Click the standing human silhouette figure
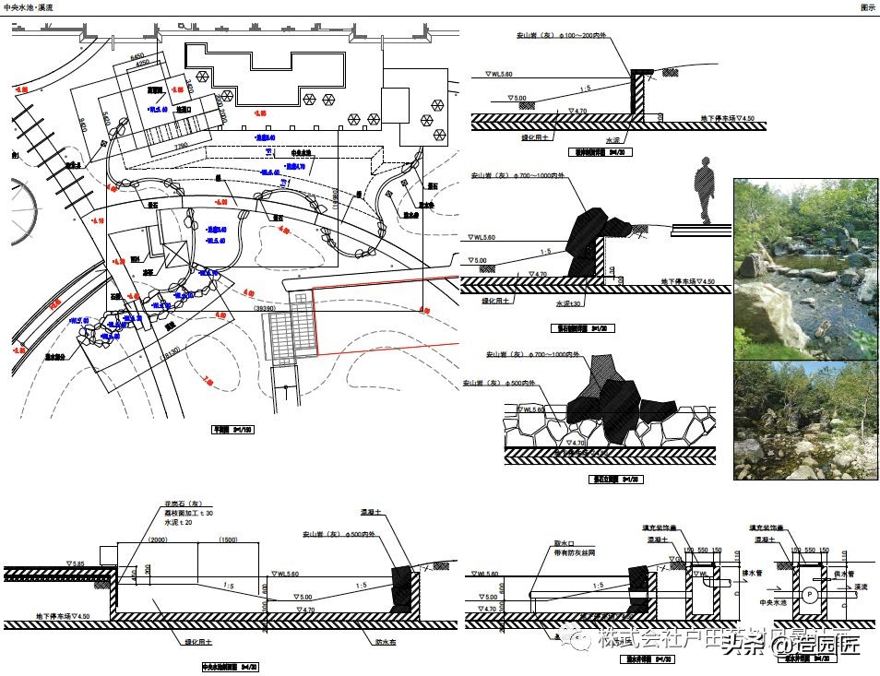pos(705,191)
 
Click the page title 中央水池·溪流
pos(29,6)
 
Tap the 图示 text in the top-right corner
pos(867,6)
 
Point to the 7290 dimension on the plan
pos(180,145)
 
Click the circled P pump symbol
pos(808,594)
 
